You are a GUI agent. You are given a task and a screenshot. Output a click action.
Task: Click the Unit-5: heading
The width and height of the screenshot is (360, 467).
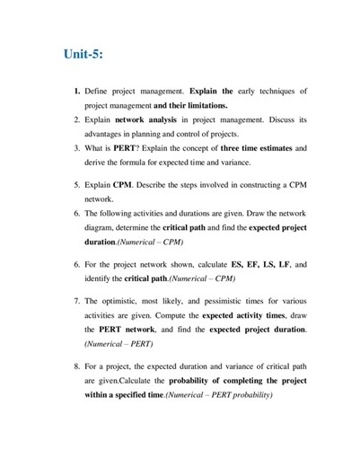83,54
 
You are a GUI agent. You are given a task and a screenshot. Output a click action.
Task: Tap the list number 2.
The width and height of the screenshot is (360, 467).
77,119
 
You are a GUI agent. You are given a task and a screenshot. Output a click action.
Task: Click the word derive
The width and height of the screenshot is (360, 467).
97,162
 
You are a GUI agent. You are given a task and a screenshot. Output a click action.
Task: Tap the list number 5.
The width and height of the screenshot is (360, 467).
77,185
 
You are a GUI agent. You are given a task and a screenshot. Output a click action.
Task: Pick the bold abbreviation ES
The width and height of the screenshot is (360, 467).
237,266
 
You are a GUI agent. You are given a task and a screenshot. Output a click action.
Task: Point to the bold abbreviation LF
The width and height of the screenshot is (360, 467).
285,266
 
